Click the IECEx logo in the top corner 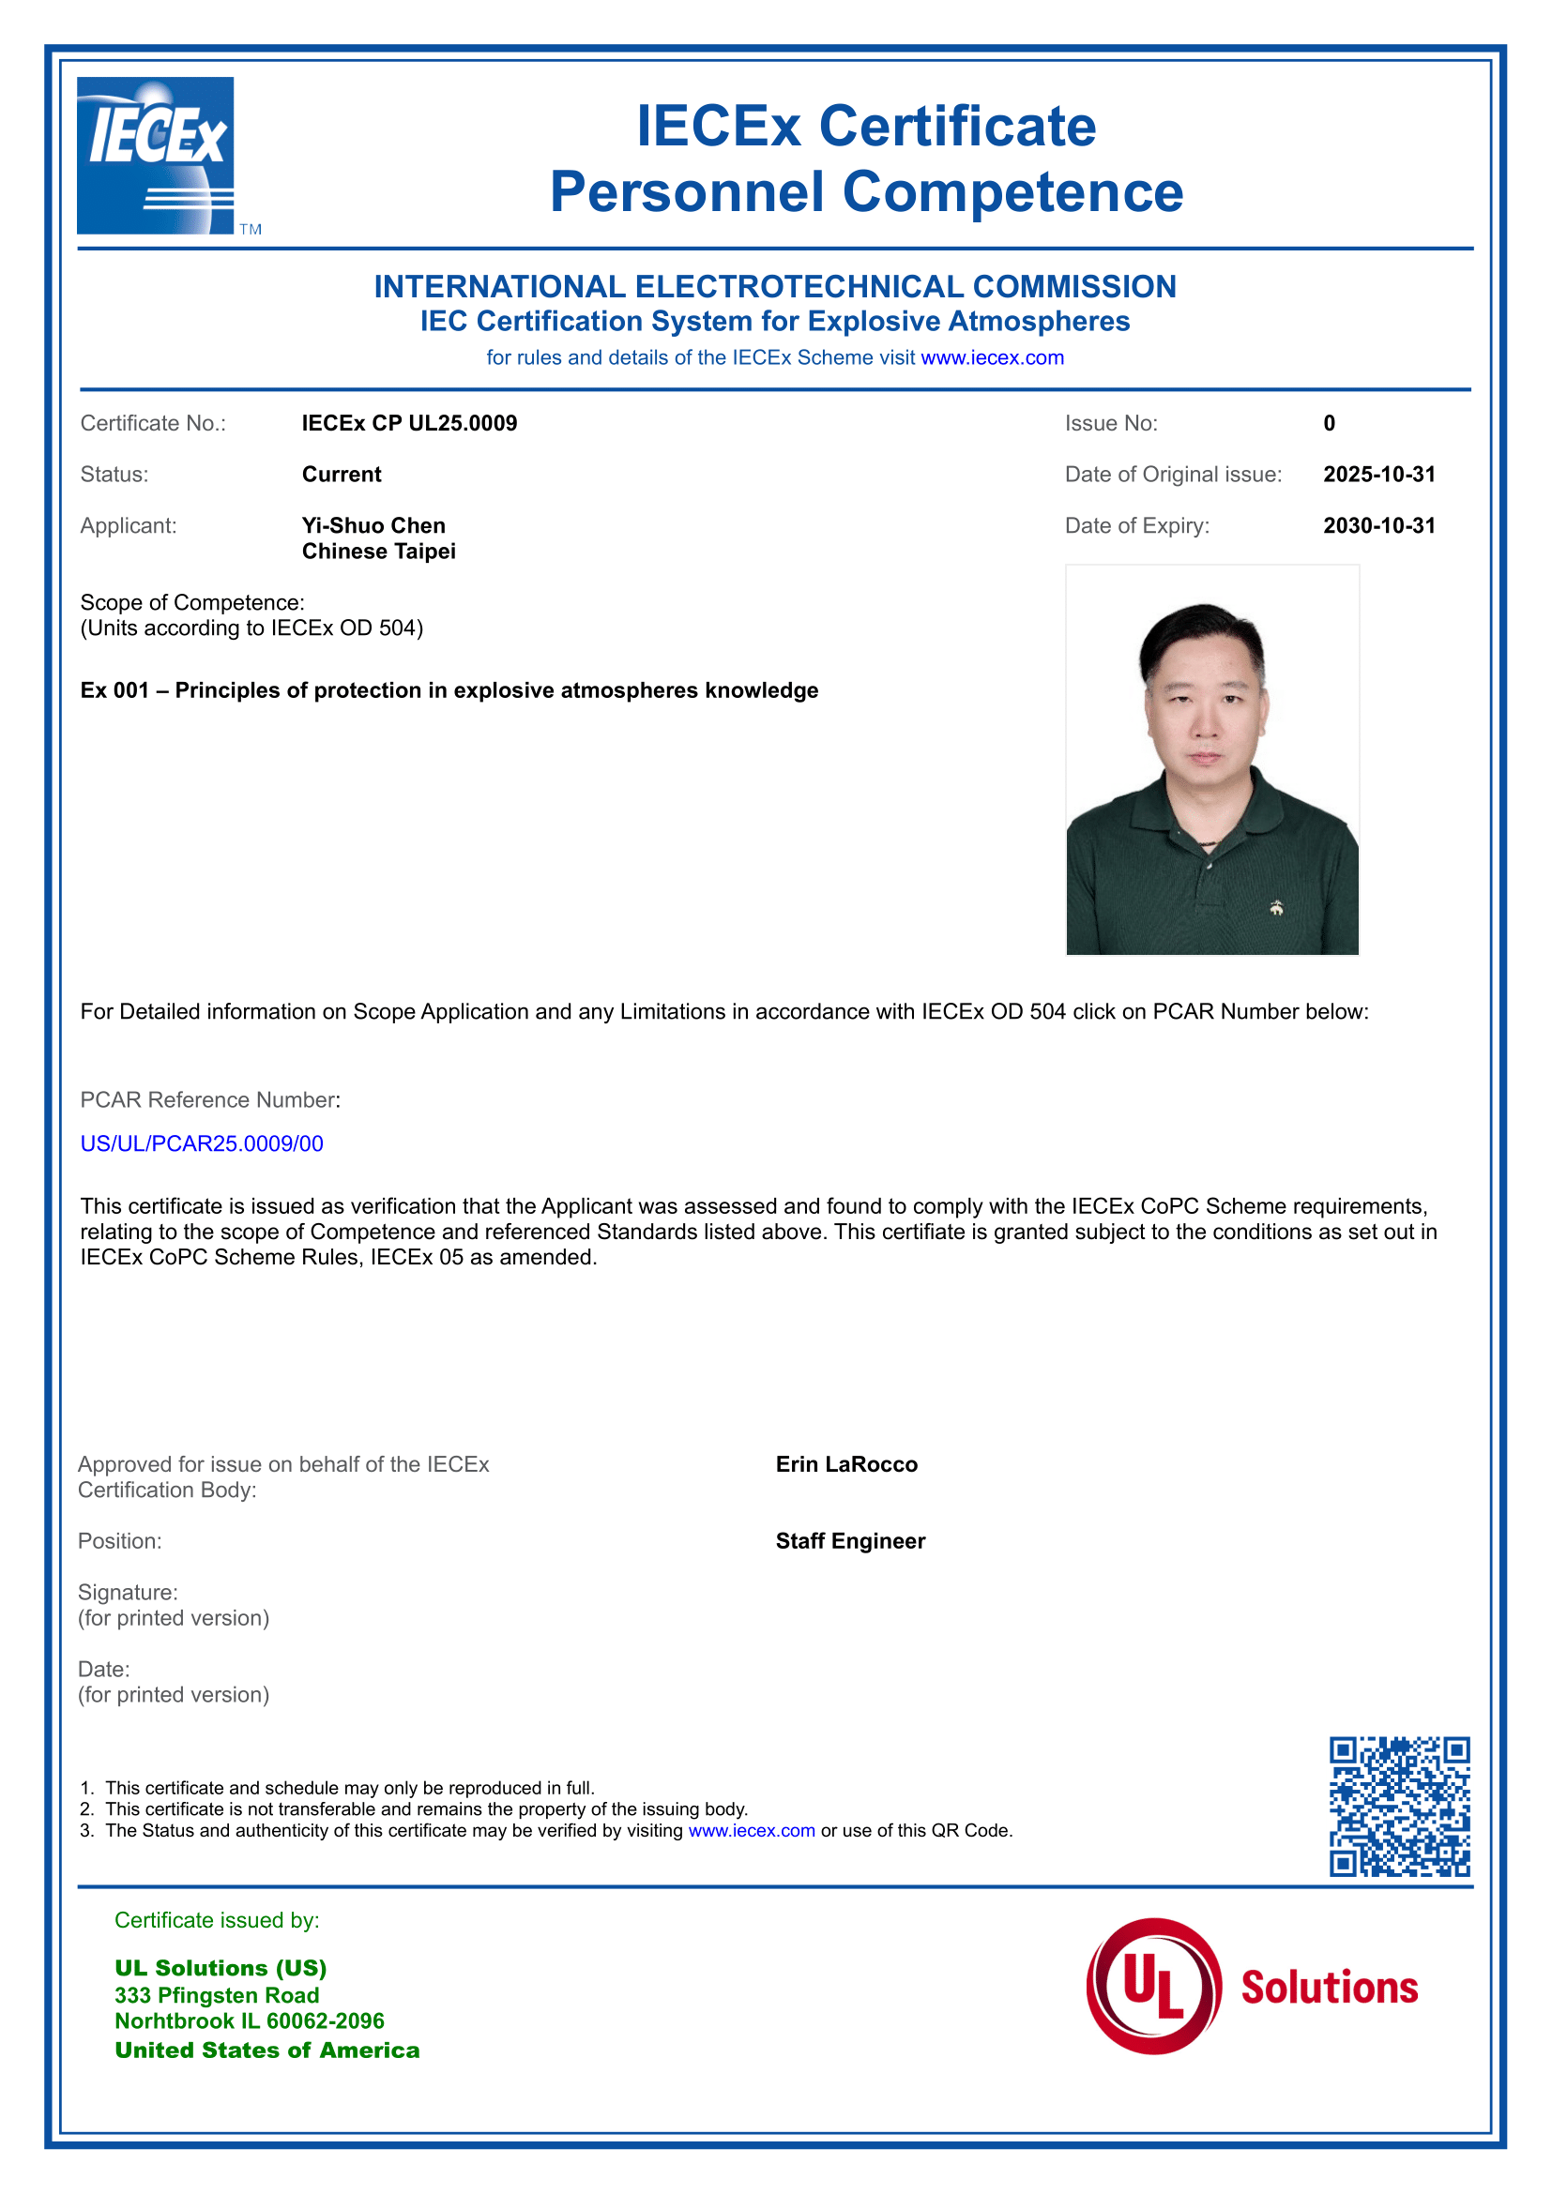pyautogui.click(x=156, y=156)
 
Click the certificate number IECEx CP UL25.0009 pyautogui.click(x=409, y=423)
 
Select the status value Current pyautogui.click(x=342, y=475)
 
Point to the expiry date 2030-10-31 pyautogui.click(x=1378, y=525)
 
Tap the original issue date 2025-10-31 pyautogui.click(x=1378, y=475)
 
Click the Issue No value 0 pyautogui.click(x=1329, y=423)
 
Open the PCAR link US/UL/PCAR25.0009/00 pyautogui.click(x=202, y=1143)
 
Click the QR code pyautogui.click(x=1399, y=1806)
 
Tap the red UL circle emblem pyautogui.click(x=1153, y=1987)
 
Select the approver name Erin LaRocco pyautogui.click(x=845, y=1465)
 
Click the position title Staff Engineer pyautogui.click(x=849, y=1541)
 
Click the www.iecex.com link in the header pyautogui.click(x=992, y=357)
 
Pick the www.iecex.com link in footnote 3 pyautogui.click(x=752, y=1831)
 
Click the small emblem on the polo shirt pyautogui.click(x=1276, y=908)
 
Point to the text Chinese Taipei pyautogui.click(x=378, y=552)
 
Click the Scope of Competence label pyautogui.click(x=192, y=603)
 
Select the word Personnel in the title pyautogui.click(x=686, y=192)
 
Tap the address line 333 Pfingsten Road pyautogui.click(x=217, y=1995)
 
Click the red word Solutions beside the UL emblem pyautogui.click(x=1329, y=1988)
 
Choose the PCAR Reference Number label pyautogui.click(x=210, y=1100)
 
